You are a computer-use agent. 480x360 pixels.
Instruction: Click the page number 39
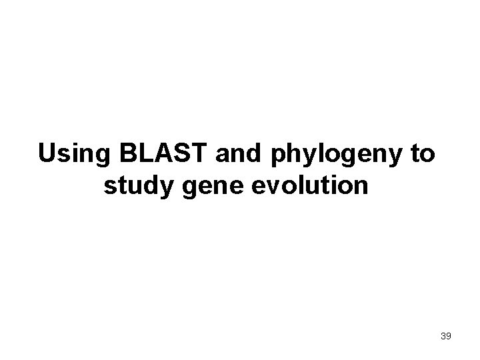click(x=446, y=337)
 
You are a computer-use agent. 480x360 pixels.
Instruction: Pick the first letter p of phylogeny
click(x=278, y=157)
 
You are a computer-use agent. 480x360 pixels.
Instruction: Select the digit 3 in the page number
click(x=443, y=337)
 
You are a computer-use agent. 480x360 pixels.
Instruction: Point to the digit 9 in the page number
click(x=449, y=337)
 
